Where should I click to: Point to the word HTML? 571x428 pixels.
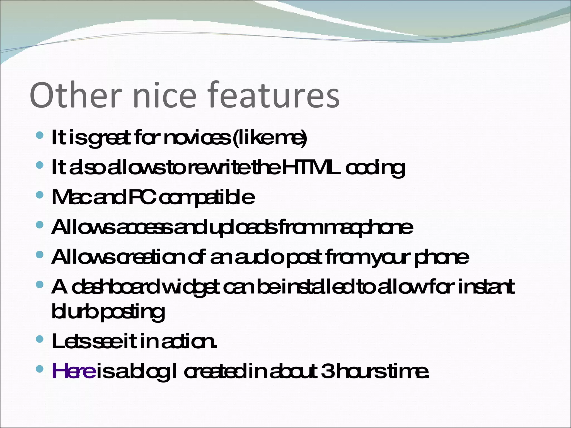pos(311,168)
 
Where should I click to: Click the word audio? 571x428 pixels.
pos(259,257)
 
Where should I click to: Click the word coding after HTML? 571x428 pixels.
pos(375,168)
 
